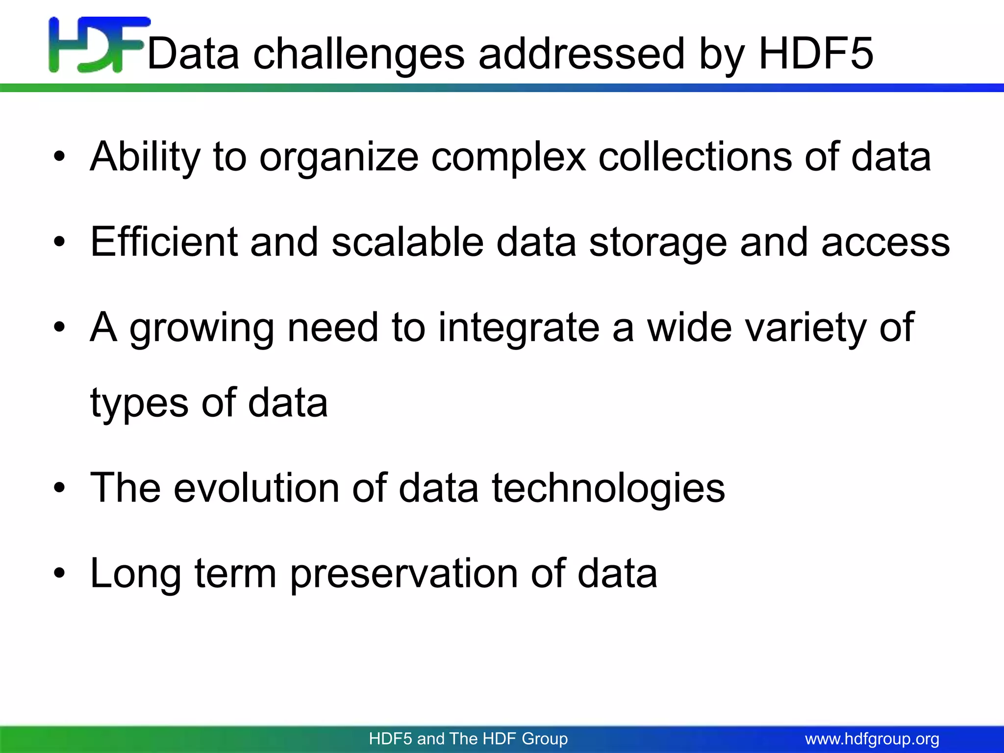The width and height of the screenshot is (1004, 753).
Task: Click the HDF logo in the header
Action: click(98, 45)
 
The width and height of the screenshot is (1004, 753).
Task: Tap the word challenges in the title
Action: click(359, 55)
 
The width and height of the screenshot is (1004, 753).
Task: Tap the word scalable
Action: click(407, 242)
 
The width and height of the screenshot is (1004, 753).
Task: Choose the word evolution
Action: click(256, 488)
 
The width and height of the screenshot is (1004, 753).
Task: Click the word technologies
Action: click(608, 489)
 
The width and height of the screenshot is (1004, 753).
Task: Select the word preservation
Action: click(403, 574)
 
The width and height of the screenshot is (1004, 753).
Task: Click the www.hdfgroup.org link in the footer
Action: click(872, 739)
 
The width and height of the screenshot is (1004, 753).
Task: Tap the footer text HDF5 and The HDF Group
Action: click(468, 739)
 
